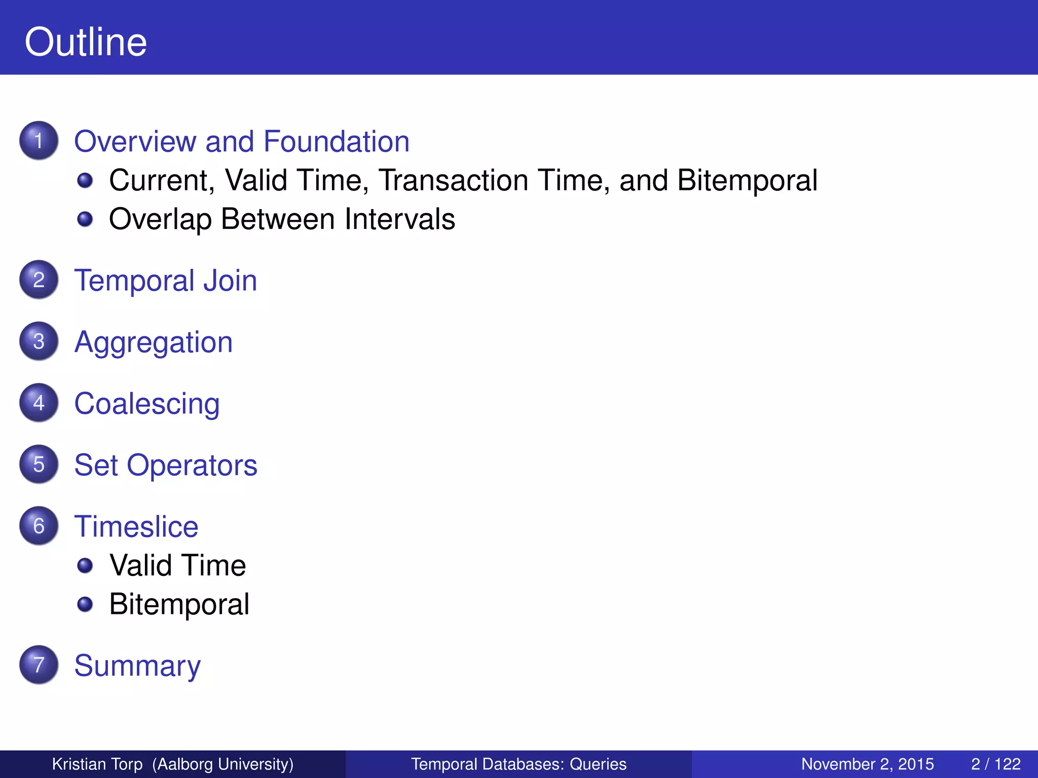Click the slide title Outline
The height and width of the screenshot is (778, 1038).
click(x=86, y=42)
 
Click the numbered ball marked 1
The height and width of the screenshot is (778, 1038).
click(x=39, y=140)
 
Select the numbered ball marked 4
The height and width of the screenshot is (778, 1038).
click(x=39, y=403)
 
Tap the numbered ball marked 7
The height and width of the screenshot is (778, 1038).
click(x=39, y=665)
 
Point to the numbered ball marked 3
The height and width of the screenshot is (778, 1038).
click(x=39, y=341)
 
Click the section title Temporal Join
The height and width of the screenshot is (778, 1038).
click(x=165, y=280)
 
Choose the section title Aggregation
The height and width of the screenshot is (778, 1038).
click(x=153, y=342)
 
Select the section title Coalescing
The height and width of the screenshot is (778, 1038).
click(x=146, y=404)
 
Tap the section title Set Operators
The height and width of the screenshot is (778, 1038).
click(x=165, y=465)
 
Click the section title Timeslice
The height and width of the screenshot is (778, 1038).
click(x=136, y=526)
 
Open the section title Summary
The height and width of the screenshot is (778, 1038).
click(x=137, y=666)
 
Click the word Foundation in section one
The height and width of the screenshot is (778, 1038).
click(x=337, y=141)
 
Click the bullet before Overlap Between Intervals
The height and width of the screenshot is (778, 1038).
click(x=85, y=219)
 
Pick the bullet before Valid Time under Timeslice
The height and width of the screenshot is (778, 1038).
click(x=85, y=565)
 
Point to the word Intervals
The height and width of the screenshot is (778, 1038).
click(x=400, y=219)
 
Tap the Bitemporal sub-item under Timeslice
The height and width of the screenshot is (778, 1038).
click(x=179, y=604)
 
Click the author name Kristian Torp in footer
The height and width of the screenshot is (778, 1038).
click(x=97, y=764)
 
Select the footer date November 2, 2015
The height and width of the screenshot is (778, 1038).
click(x=867, y=764)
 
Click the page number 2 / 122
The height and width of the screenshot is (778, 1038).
click(x=995, y=764)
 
